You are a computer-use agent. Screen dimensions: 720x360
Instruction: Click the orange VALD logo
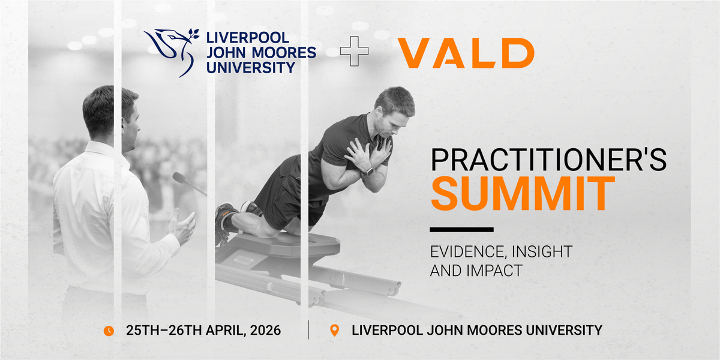click(466, 53)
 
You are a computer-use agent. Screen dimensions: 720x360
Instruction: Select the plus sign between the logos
click(354, 51)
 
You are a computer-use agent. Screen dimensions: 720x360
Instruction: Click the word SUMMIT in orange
click(523, 193)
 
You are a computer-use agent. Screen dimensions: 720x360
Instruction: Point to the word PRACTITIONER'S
click(548, 160)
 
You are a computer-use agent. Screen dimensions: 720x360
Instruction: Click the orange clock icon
click(109, 331)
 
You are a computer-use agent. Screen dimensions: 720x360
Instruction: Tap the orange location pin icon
click(335, 331)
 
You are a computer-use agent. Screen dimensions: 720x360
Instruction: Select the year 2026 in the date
click(265, 331)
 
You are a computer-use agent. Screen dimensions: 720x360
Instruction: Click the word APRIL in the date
click(226, 331)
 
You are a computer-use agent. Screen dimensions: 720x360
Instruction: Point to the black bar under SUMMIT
click(461, 229)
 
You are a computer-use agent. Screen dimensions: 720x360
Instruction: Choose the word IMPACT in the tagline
click(494, 271)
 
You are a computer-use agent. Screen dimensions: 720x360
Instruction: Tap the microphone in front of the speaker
click(189, 183)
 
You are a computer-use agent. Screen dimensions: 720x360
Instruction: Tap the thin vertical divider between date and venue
click(308, 330)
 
